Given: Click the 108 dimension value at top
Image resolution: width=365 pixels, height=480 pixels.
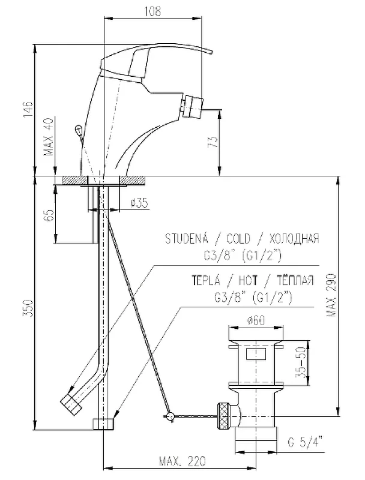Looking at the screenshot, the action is pyautogui.click(x=152, y=11).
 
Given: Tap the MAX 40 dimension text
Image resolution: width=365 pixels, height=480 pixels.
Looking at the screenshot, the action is pyautogui.click(x=49, y=137).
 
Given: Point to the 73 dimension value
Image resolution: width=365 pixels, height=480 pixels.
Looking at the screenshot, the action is pyautogui.click(x=214, y=142).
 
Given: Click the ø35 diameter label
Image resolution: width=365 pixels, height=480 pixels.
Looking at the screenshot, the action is pyautogui.click(x=139, y=203).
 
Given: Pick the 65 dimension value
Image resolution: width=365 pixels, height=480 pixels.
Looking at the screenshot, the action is pyautogui.click(x=49, y=215).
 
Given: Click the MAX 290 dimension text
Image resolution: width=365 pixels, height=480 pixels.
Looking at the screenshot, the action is pyautogui.click(x=331, y=295).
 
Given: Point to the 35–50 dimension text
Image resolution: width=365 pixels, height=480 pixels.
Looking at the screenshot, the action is pyautogui.click(x=301, y=363).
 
